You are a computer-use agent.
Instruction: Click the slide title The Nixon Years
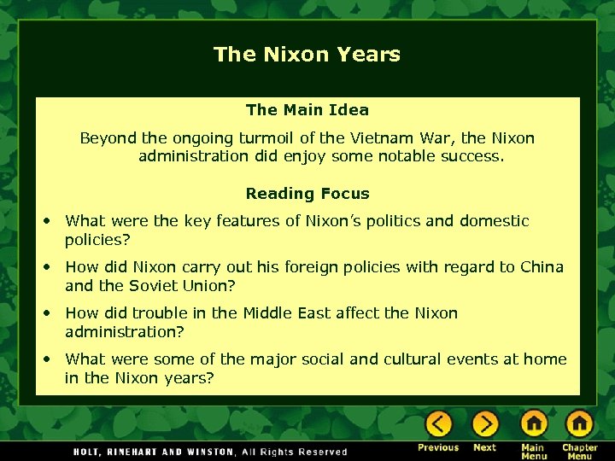click(x=307, y=55)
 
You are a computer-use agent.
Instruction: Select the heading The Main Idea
click(x=307, y=109)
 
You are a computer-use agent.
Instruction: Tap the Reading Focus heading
click(x=307, y=194)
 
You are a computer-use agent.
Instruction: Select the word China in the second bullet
click(x=542, y=266)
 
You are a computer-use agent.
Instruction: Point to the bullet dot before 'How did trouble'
click(x=48, y=313)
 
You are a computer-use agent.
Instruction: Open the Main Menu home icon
click(x=533, y=423)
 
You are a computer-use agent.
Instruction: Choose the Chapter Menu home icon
click(x=579, y=423)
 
